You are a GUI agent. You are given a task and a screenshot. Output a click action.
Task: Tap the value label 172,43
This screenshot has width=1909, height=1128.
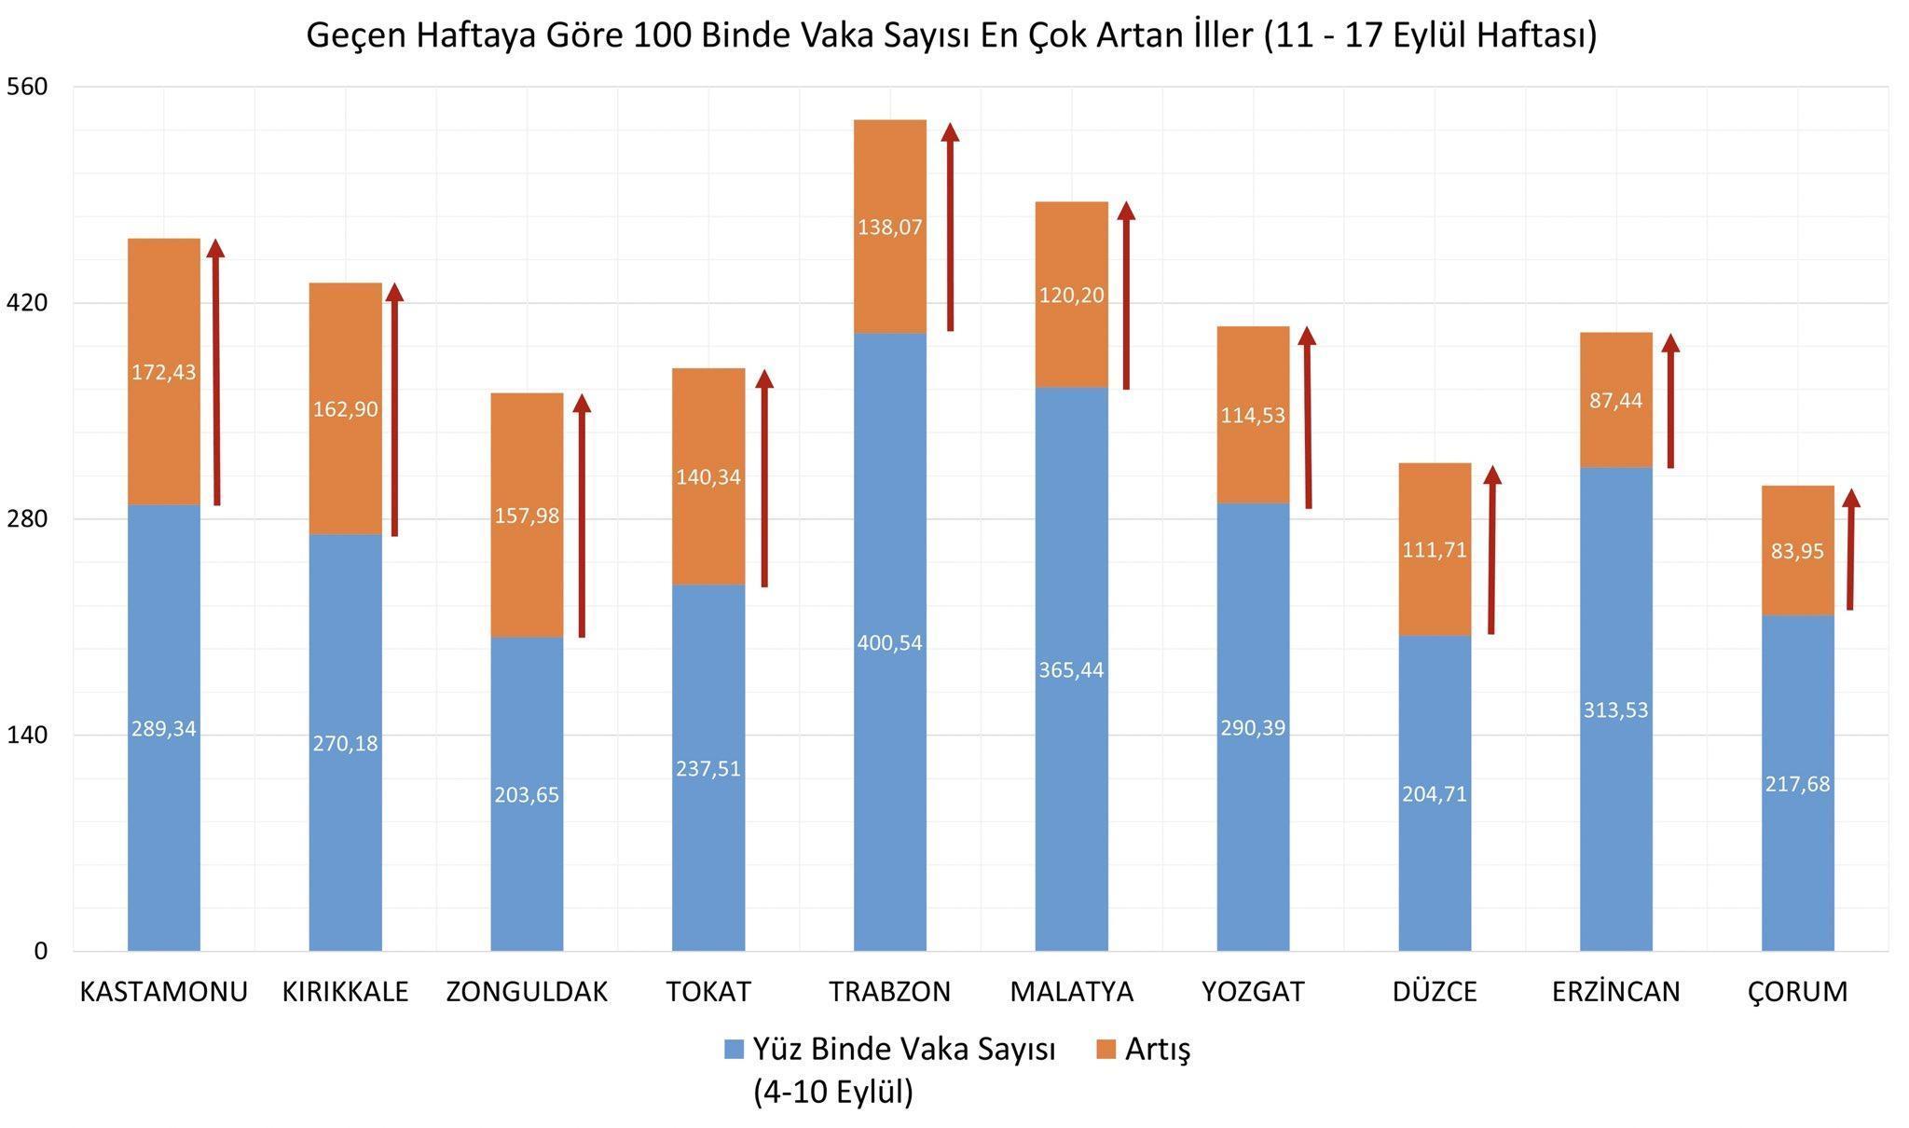tap(163, 373)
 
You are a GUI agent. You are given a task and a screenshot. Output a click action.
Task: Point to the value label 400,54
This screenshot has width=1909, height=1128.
tap(890, 643)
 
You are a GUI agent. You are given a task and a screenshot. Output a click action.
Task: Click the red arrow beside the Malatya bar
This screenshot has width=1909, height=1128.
tap(1126, 298)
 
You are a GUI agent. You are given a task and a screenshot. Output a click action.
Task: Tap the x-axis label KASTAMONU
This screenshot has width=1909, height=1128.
tap(163, 992)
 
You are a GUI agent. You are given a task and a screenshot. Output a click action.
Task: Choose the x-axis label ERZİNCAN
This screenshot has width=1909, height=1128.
tap(1615, 992)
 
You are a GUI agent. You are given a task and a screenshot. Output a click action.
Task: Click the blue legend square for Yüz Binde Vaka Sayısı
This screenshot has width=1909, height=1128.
tap(734, 1050)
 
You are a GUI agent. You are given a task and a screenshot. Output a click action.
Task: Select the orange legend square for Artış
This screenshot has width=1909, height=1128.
tap(1106, 1050)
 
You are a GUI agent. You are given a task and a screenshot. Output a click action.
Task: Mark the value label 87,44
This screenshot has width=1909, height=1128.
tap(1615, 401)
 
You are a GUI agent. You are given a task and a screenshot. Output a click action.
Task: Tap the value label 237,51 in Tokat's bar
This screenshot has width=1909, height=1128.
tap(708, 769)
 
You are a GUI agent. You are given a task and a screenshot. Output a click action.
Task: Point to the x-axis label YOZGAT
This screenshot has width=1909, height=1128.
tap(1253, 992)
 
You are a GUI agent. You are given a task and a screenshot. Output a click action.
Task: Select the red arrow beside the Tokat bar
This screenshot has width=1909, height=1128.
tap(764, 480)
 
